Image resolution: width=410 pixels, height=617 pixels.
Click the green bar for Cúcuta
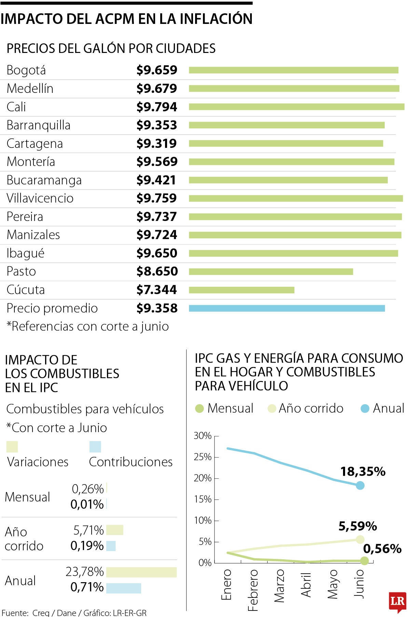[241, 290]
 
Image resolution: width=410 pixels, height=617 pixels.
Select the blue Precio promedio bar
[287, 308]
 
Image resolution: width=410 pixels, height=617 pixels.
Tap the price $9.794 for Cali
[156, 107]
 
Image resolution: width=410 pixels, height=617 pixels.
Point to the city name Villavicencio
[40, 198]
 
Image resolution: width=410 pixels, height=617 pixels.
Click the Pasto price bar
[271, 272]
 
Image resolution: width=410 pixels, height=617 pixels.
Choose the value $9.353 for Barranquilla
[156, 125]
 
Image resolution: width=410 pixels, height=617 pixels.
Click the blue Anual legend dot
[365, 408]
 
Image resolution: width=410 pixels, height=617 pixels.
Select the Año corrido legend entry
[305, 408]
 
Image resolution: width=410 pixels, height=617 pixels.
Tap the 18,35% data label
[363, 472]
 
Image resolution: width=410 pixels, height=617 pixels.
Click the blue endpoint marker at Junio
[360, 485]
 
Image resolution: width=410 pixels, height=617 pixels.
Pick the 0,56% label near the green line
[382, 549]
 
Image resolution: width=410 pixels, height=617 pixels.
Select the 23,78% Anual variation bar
[141, 572]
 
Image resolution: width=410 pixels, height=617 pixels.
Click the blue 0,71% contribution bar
[123, 588]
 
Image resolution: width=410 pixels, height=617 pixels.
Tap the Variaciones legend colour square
[12, 447]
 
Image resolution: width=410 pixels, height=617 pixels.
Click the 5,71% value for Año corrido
[88, 530]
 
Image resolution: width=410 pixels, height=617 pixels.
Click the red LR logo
[397, 601]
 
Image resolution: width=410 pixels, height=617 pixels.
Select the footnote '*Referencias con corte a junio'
[87, 326]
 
